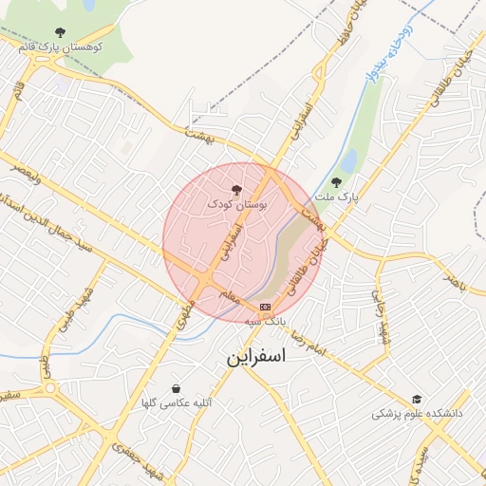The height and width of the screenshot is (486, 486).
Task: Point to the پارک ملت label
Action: coord(338,197)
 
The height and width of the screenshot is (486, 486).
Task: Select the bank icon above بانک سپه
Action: coord(265,307)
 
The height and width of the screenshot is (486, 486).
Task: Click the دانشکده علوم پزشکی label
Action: coord(417,414)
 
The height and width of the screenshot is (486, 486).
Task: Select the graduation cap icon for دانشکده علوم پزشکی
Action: coord(417,400)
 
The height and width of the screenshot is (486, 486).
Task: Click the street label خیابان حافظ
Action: coord(339,28)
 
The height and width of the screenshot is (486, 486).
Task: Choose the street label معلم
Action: coord(228,296)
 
